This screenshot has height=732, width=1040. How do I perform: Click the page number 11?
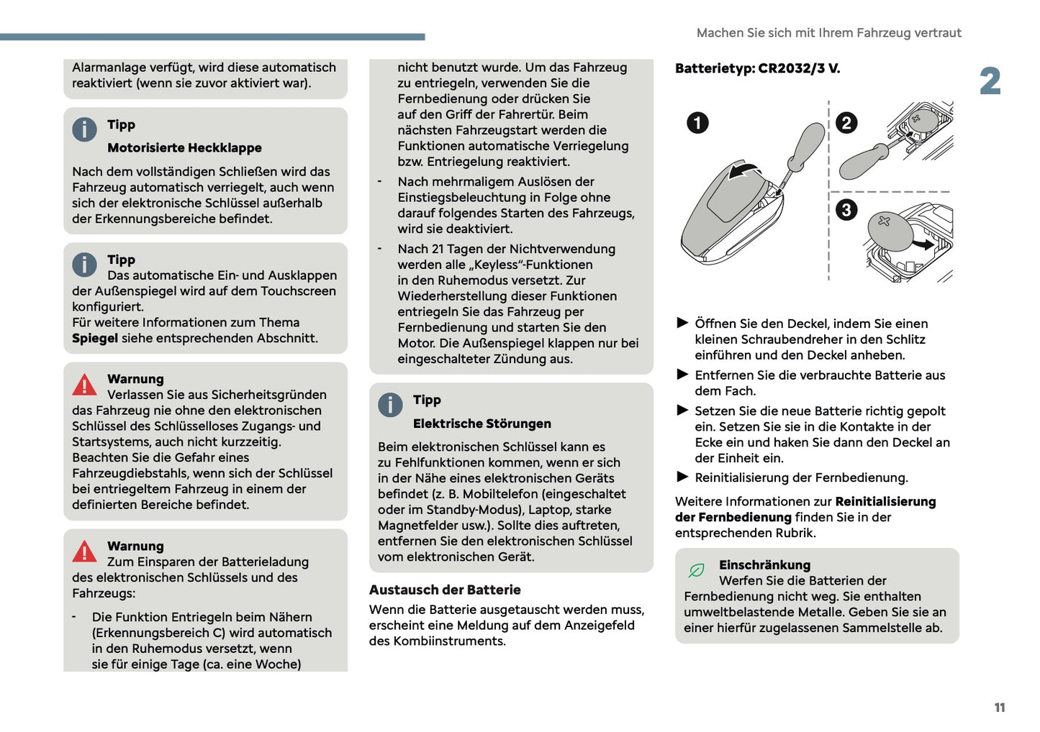click(x=999, y=708)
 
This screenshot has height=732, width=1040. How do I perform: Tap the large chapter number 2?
click(x=990, y=81)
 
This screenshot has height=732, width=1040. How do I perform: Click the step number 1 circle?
click(x=697, y=123)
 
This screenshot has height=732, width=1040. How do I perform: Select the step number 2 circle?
click(x=846, y=123)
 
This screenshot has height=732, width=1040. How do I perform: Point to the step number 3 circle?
click(x=846, y=210)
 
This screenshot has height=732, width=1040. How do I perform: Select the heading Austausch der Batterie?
click(x=445, y=590)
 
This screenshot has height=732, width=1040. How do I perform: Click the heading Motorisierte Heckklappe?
click(x=184, y=148)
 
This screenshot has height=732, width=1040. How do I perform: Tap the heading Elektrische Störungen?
click(x=481, y=424)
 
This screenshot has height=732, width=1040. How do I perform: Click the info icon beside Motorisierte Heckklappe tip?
click(x=84, y=129)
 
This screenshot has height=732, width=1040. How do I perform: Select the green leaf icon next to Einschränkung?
click(x=696, y=570)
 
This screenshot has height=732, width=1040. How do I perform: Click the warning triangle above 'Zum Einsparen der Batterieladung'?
click(x=84, y=552)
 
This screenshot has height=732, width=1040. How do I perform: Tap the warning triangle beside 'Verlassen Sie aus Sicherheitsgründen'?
click(x=84, y=385)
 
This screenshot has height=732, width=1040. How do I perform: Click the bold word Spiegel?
click(x=94, y=339)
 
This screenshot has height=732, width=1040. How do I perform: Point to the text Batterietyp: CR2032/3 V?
click(x=757, y=69)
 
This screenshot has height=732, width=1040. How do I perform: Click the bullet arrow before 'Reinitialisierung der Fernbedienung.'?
click(x=682, y=477)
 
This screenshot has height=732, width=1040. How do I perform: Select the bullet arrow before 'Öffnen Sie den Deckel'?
click(x=682, y=323)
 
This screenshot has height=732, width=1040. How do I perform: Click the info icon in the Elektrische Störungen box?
click(x=390, y=405)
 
